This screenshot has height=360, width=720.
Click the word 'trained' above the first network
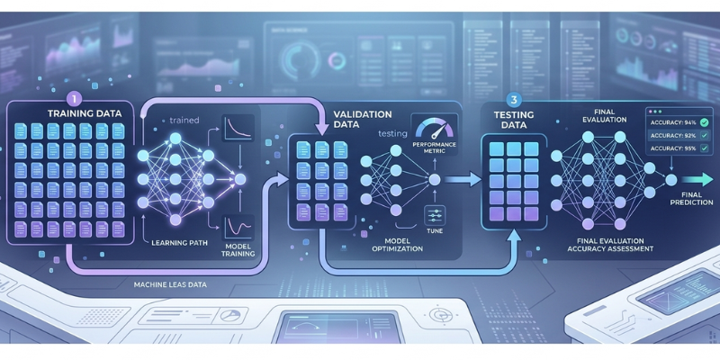184,119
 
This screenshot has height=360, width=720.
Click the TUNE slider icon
433,214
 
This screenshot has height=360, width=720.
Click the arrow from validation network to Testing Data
460,180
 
